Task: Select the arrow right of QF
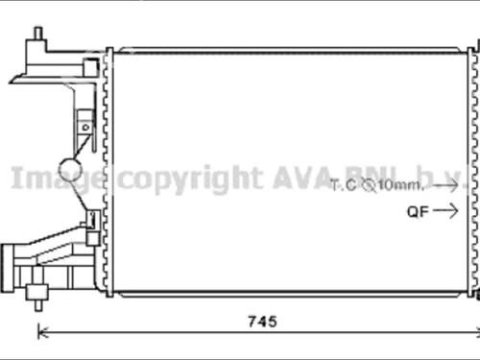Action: click(446, 211)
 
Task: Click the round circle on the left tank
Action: click(72, 170)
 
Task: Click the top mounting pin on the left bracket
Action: click(37, 36)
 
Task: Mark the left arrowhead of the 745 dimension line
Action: click(40, 333)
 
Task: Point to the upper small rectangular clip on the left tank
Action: click(84, 125)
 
